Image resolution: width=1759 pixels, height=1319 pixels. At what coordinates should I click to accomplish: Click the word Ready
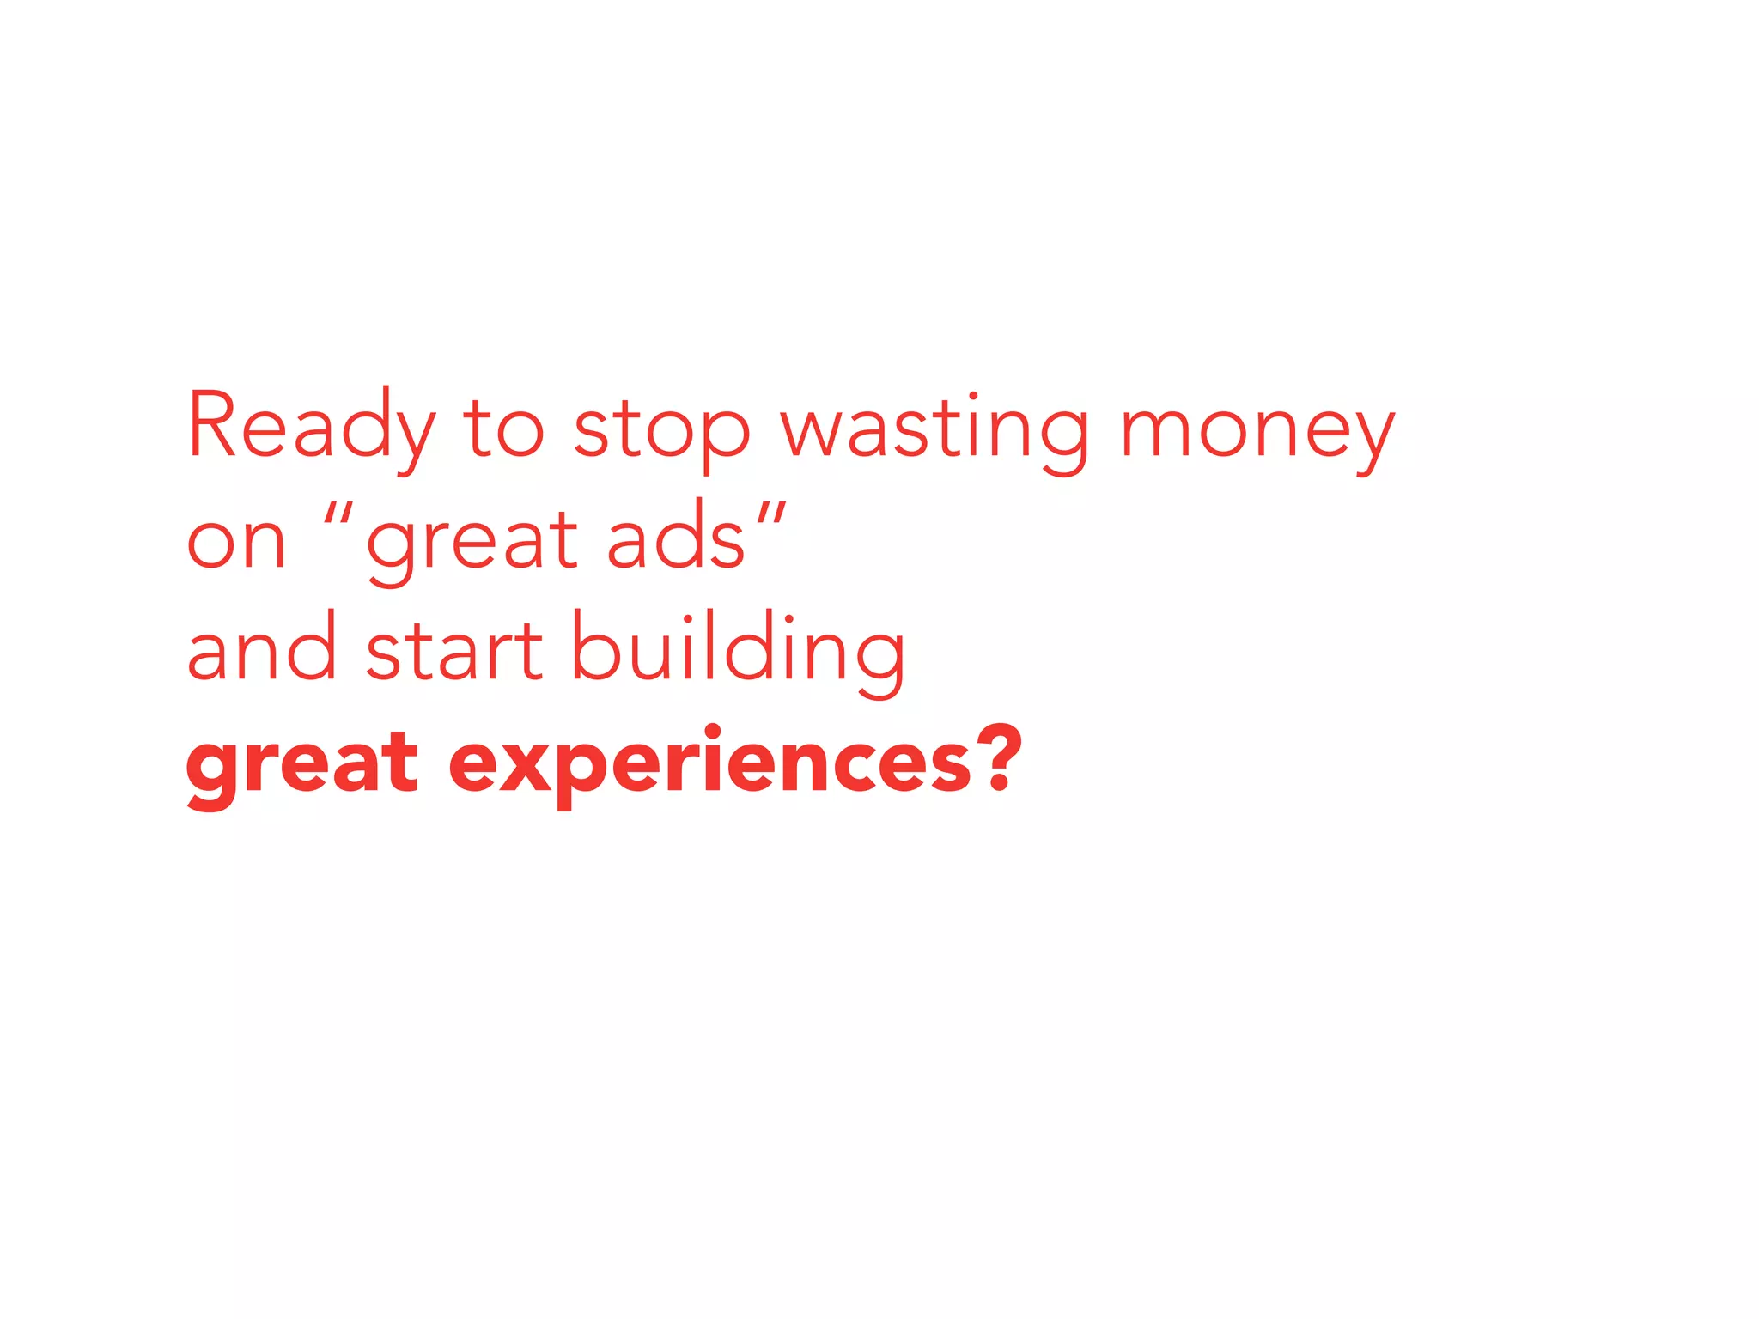(x=311, y=428)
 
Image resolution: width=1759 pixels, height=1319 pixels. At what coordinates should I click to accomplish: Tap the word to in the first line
(x=503, y=428)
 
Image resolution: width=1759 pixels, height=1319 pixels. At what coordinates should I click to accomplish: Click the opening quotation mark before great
(x=338, y=514)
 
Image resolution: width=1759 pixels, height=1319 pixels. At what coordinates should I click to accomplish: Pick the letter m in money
(x=1154, y=433)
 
